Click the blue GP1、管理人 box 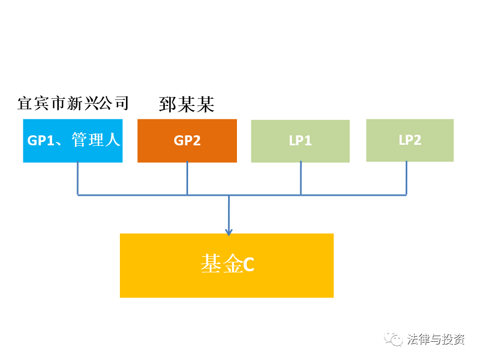[x=73, y=141]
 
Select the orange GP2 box [x=187, y=141]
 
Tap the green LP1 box [x=300, y=141]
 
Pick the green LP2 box [x=410, y=140]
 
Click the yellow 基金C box [x=227, y=265]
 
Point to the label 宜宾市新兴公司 [x=73, y=104]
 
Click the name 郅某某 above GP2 [x=186, y=105]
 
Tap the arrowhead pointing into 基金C [x=229, y=232]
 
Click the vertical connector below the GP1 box [x=78, y=179]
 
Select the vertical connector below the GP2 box [x=187, y=179]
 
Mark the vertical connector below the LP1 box [x=301, y=179]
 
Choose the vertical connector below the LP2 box [x=406, y=179]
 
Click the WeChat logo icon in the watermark [x=393, y=338]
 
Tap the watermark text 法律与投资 [x=436, y=339]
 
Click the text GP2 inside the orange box [x=187, y=140]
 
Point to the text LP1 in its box [x=300, y=140]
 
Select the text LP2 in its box [x=410, y=140]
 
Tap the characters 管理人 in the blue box [x=96, y=140]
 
